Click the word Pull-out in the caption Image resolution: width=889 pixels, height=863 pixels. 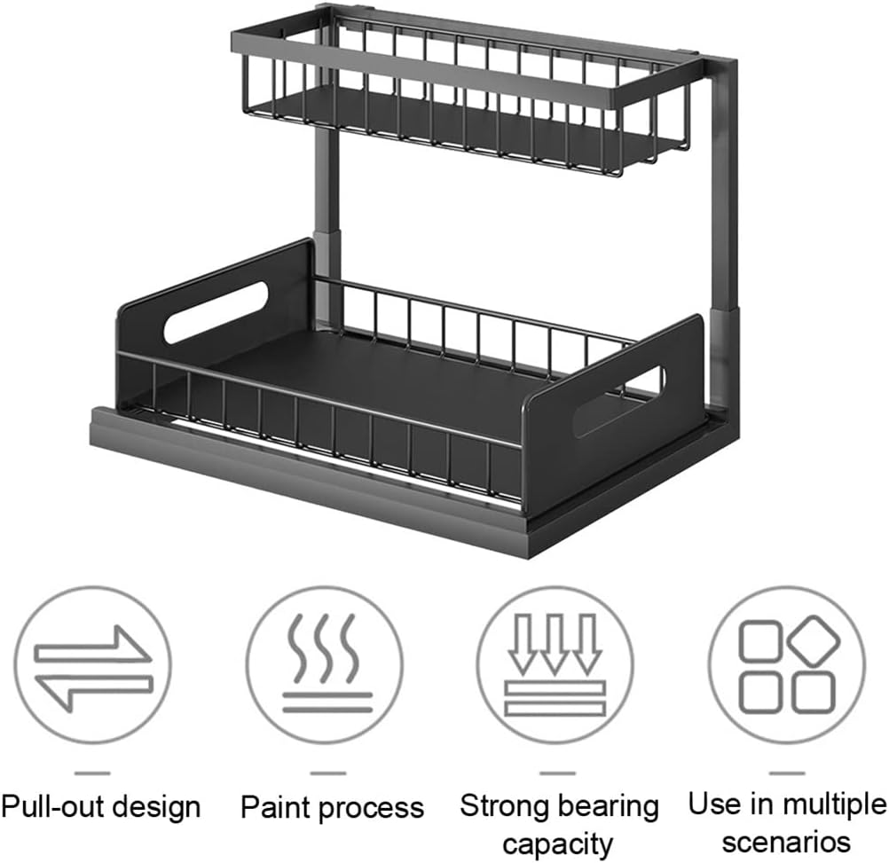(x=48, y=807)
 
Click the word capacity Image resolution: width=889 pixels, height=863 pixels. (x=559, y=843)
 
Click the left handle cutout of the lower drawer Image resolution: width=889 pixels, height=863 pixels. (x=215, y=312)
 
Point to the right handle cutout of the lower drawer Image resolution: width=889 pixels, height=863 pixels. (x=618, y=401)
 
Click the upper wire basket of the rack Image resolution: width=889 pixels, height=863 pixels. (x=461, y=98)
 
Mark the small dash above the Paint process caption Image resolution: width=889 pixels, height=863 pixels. (x=327, y=773)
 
